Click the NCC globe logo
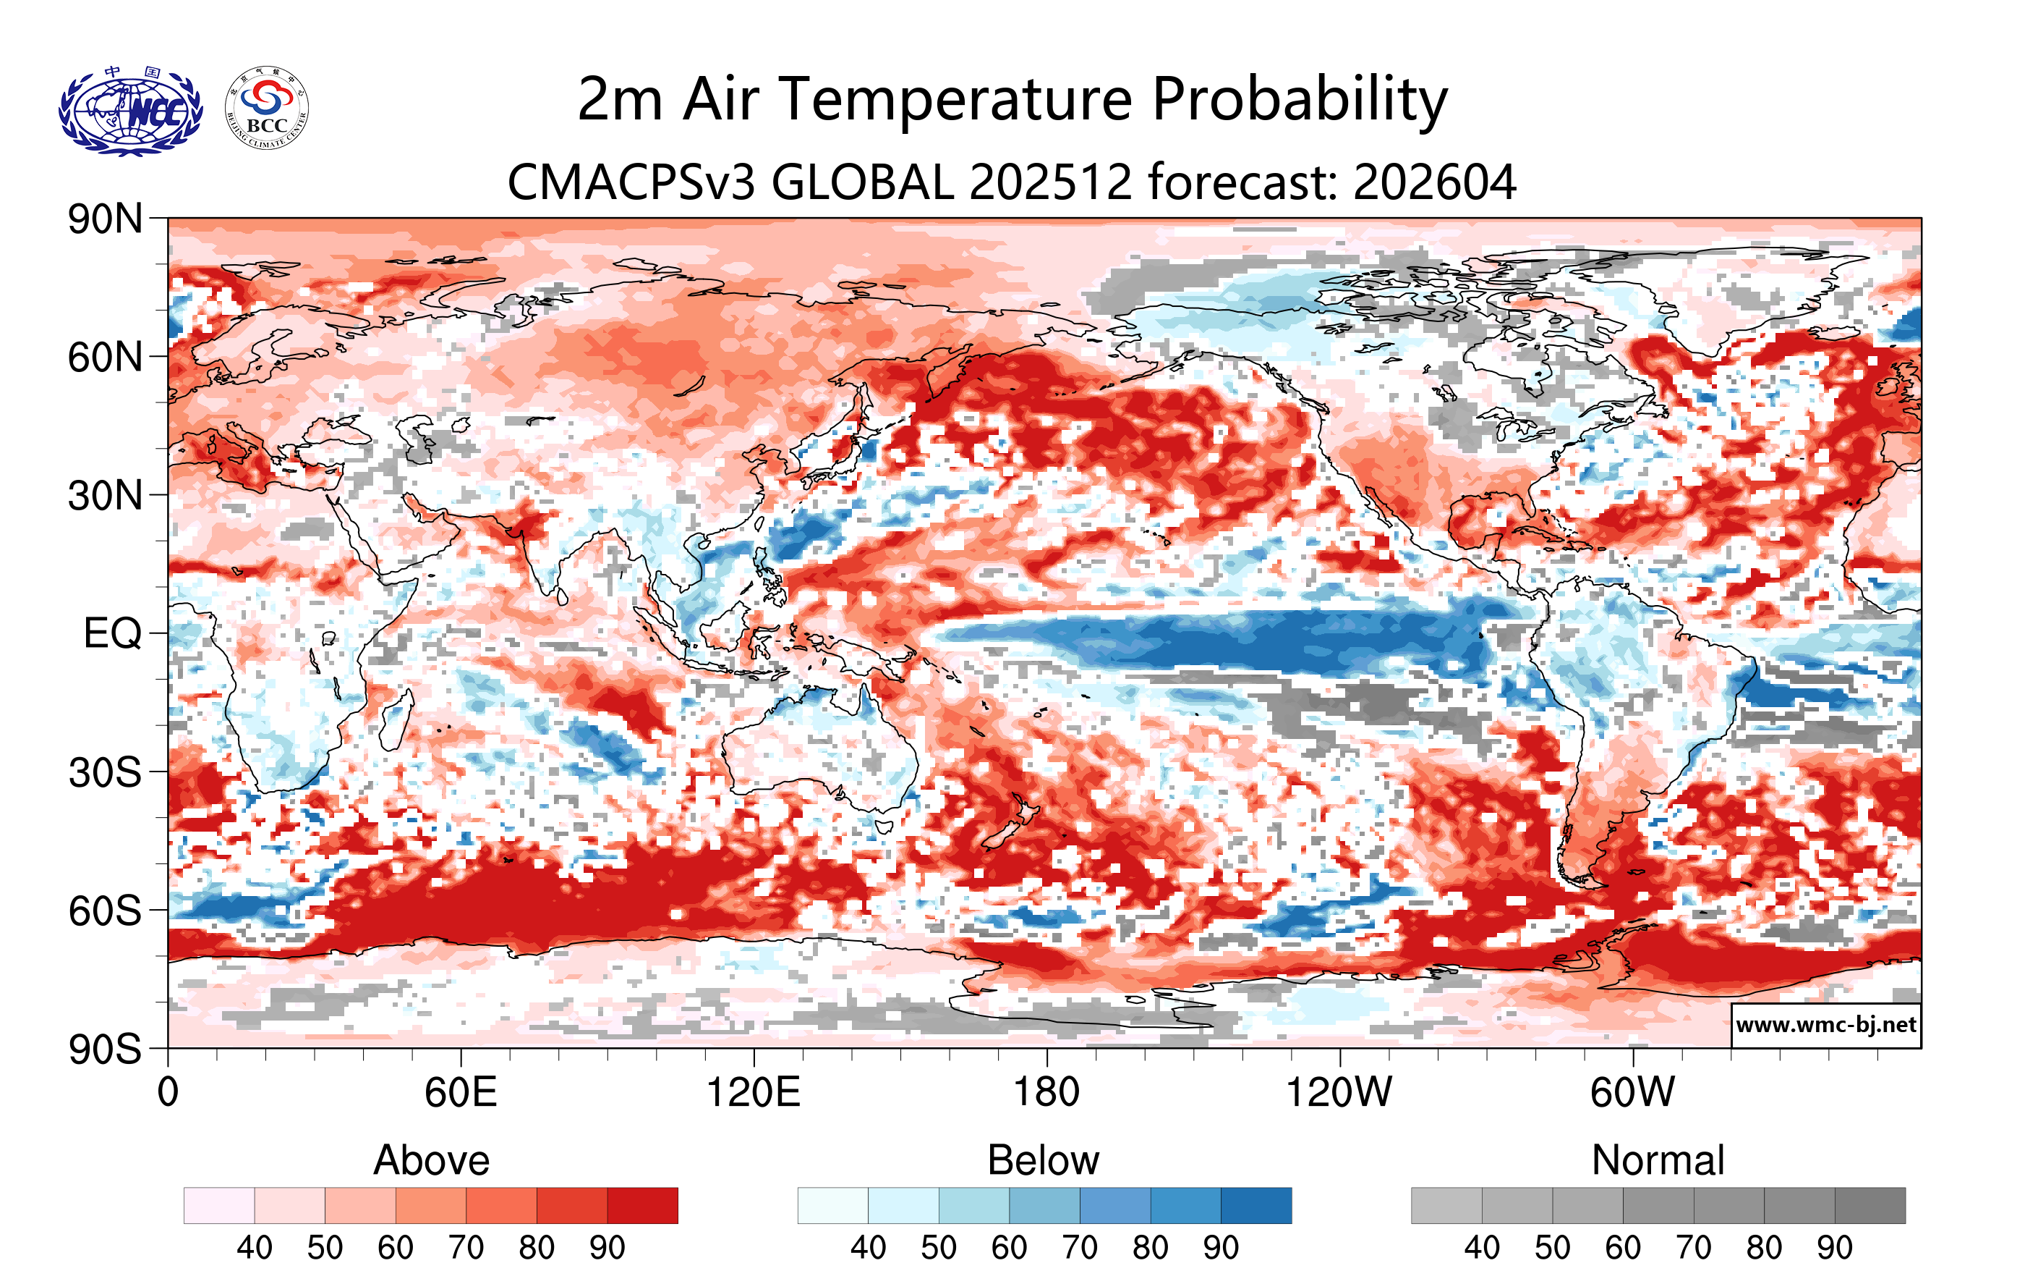[130, 110]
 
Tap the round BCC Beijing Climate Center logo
[267, 109]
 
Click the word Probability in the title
[1300, 99]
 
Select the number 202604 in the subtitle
[1435, 182]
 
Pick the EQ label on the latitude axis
[113, 633]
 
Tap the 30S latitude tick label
[105, 772]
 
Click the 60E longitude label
[460, 1093]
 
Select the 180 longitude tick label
[1046, 1093]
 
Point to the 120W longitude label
[1339, 1093]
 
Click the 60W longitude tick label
[1632, 1093]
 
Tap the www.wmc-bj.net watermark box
[1825, 1025]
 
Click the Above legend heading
[432, 1160]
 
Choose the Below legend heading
[1043, 1160]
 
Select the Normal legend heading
[1658, 1160]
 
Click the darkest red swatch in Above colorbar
[642, 1206]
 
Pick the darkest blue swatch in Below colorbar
[1255, 1206]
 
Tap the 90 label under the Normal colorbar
[1834, 1248]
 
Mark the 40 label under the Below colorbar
[868, 1248]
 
